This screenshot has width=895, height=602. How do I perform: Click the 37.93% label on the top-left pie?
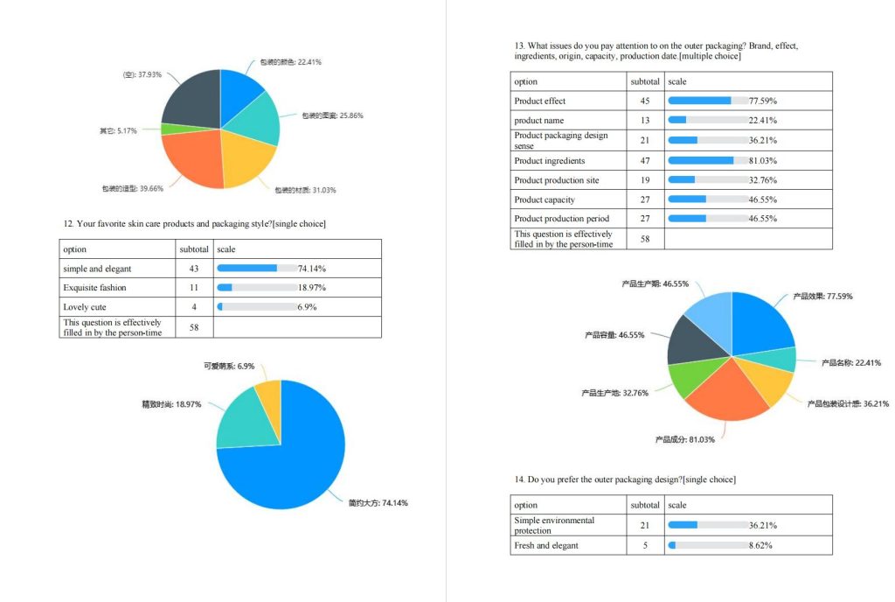[x=142, y=74]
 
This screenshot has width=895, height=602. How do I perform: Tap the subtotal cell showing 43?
[x=194, y=269]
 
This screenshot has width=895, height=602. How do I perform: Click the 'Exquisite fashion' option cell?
[x=94, y=288]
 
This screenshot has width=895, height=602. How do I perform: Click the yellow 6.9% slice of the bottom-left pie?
[x=269, y=395]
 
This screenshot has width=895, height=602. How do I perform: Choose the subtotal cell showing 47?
[x=645, y=161]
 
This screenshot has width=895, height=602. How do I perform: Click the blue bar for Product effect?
[x=699, y=101]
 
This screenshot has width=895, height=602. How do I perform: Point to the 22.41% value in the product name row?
[x=762, y=121]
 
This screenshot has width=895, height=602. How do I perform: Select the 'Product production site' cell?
[x=556, y=180]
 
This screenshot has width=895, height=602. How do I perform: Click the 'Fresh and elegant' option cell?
[x=546, y=546]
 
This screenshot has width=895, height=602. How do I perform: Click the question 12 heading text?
[x=194, y=224]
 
